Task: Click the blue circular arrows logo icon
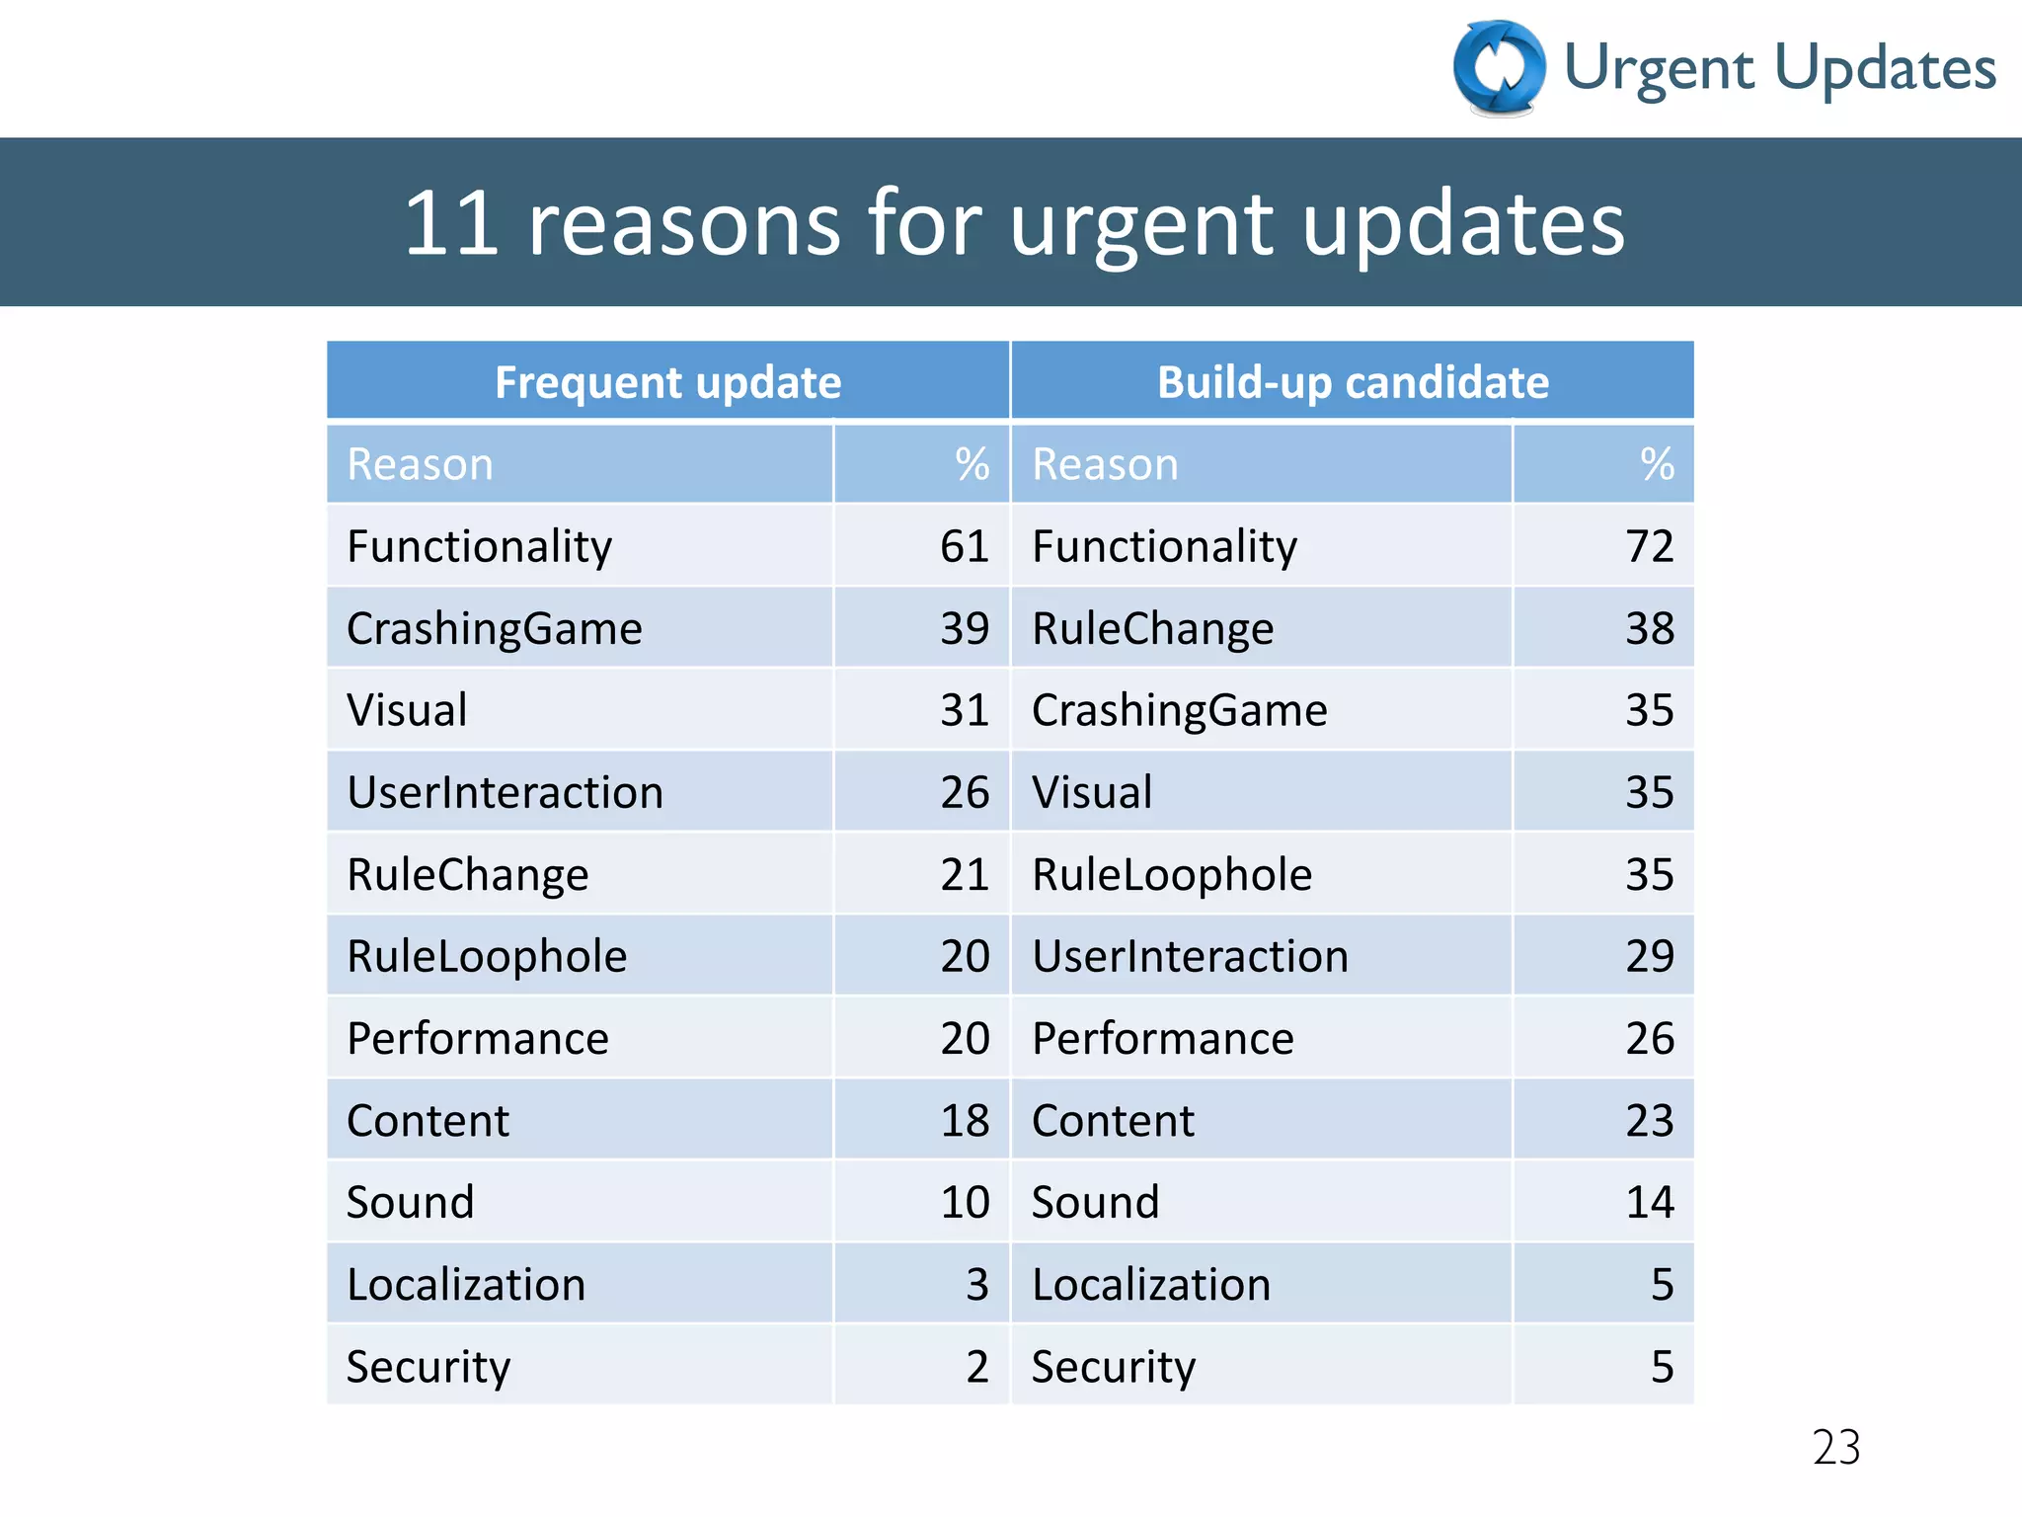pyautogui.click(x=1499, y=68)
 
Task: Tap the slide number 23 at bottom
pyautogui.click(x=1835, y=1448)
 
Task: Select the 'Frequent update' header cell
pyautogui.click(x=667, y=382)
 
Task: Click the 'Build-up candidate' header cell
pyautogui.click(x=1353, y=382)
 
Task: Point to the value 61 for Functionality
pyautogui.click(x=964, y=546)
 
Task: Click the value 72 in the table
pyautogui.click(x=1649, y=546)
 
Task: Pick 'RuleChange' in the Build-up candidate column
pyautogui.click(x=1152, y=629)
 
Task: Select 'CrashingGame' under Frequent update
pyautogui.click(x=494, y=629)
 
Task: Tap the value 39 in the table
pyautogui.click(x=964, y=629)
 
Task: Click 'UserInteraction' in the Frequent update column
pyautogui.click(x=505, y=793)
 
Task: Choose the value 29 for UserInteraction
pyautogui.click(x=1649, y=957)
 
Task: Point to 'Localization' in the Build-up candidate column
pyautogui.click(x=1151, y=1285)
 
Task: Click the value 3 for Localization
pyautogui.click(x=976, y=1285)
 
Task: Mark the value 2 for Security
pyautogui.click(x=976, y=1367)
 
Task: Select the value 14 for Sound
pyautogui.click(x=1649, y=1203)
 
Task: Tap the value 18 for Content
pyautogui.click(x=964, y=1121)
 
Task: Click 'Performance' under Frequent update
pyautogui.click(x=478, y=1039)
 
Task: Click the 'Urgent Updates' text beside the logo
pyautogui.click(x=1779, y=69)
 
